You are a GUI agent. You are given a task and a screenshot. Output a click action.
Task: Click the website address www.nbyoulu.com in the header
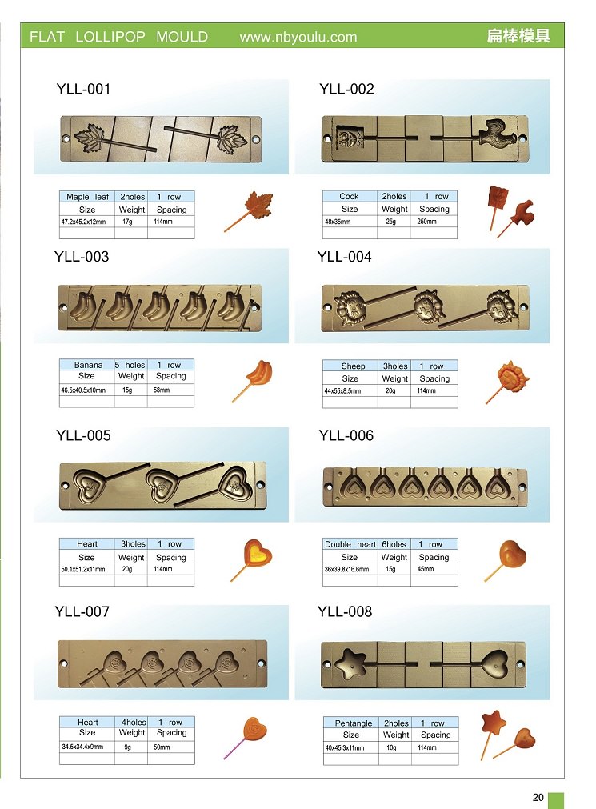pyautogui.click(x=298, y=37)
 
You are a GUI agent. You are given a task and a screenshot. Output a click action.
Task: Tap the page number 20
pyautogui.click(x=538, y=797)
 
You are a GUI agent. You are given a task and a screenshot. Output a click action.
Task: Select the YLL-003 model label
pyautogui.click(x=82, y=257)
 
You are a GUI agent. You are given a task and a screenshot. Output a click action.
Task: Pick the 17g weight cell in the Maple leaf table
pyautogui.click(x=127, y=222)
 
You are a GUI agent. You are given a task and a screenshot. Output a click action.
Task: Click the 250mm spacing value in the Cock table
pyautogui.click(x=426, y=222)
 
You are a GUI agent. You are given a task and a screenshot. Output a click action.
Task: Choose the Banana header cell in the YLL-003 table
pyautogui.click(x=88, y=365)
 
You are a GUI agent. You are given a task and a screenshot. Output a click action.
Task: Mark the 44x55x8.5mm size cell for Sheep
pyautogui.click(x=342, y=391)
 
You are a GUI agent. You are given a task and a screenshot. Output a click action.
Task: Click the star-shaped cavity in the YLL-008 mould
pyautogui.click(x=351, y=663)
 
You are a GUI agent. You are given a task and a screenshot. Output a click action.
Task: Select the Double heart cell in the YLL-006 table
pyautogui.click(x=350, y=544)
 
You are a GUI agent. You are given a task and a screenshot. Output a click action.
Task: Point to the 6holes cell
pyautogui.click(x=394, y=544)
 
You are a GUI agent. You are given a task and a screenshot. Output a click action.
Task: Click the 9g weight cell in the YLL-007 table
pyautogui.click(x=127, y=747)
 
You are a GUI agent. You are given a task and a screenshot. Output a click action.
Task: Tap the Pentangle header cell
pyautogui.click(x=353, y=723)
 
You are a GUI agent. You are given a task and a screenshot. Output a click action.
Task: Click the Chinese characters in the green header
pyautogui.click(x=518, y=36)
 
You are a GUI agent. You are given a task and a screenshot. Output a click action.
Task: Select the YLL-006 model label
pyautogui.click(x=346, y=435)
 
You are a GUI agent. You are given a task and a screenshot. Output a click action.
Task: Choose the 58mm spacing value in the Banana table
pyautogui.click(x=162, y=390)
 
